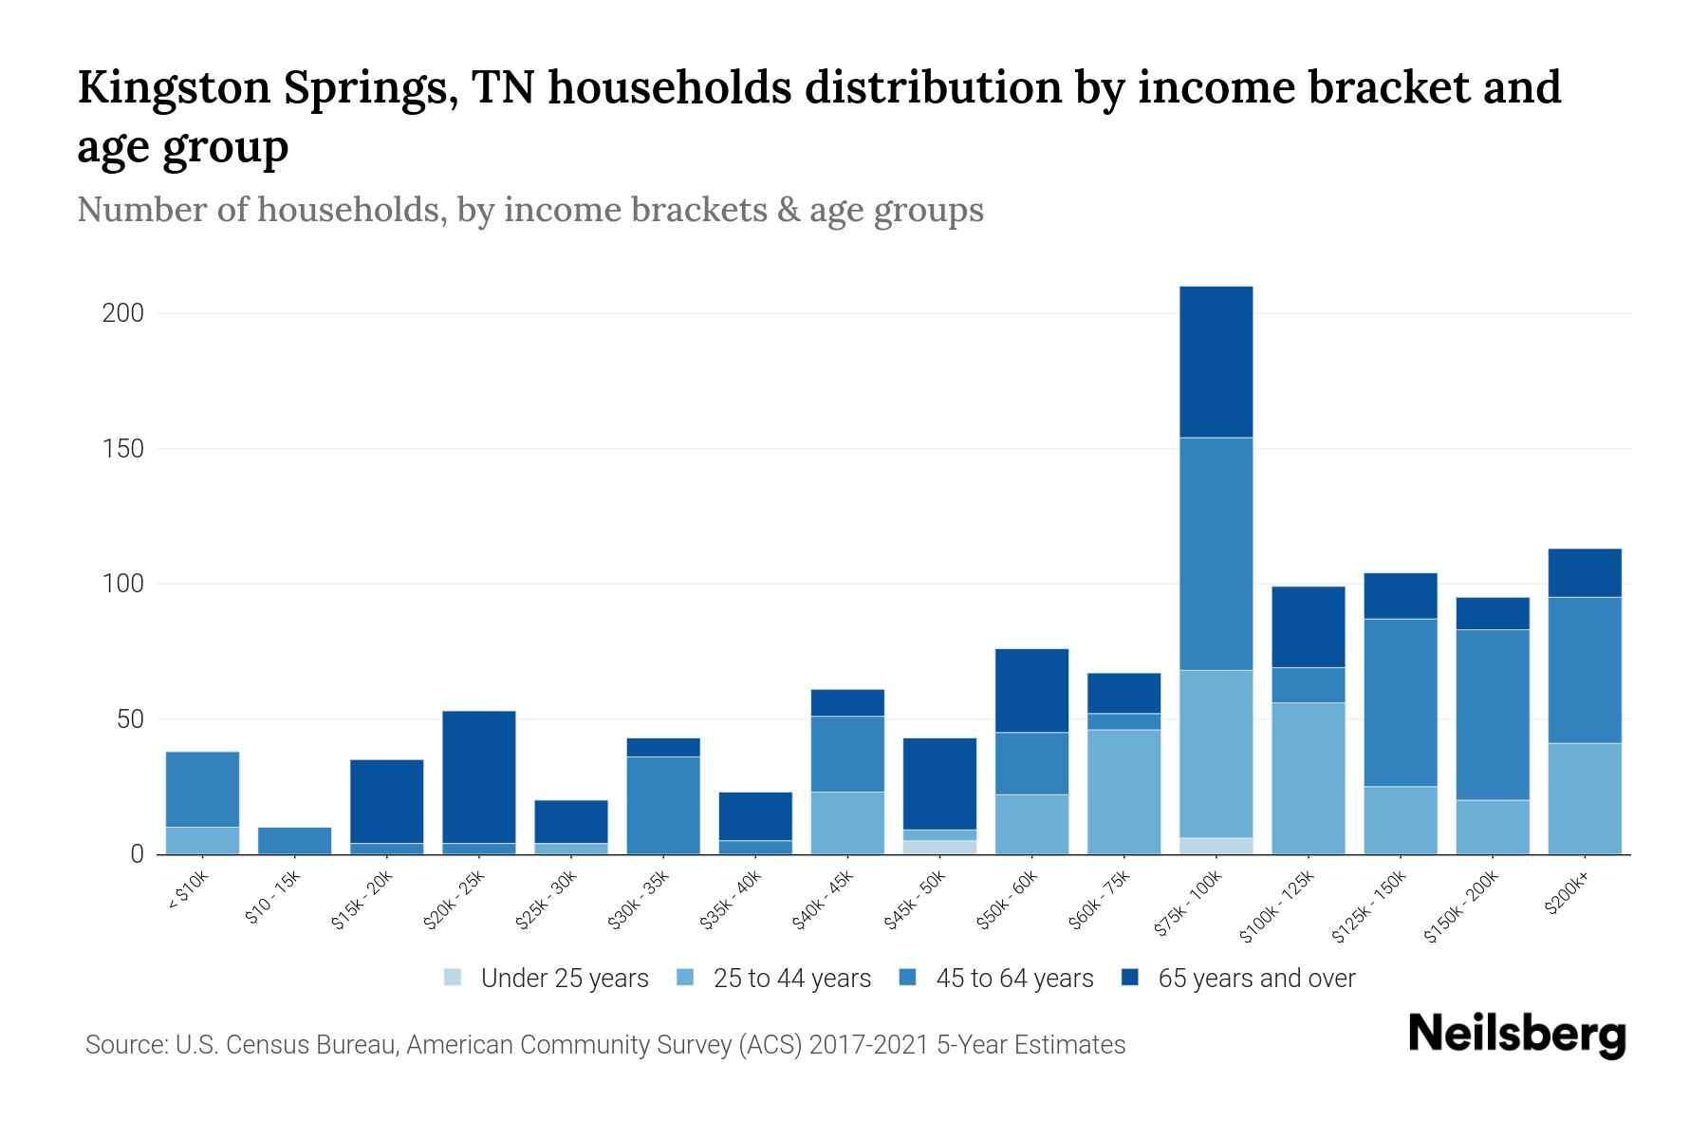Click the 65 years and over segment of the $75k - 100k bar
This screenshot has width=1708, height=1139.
coord(1216,362)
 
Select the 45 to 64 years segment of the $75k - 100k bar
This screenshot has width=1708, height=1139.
coord(1216,553)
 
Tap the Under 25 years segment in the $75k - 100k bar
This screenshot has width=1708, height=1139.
coord(1216,846)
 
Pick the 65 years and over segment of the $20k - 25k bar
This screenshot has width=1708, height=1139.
coord(479,776)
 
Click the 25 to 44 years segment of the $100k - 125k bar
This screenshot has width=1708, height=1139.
coord(1308,778)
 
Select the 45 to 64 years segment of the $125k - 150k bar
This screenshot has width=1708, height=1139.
coord(1400,702)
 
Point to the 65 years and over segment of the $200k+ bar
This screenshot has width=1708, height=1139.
coord(1584,572)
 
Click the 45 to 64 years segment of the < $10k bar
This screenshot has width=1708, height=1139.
coord(202,789)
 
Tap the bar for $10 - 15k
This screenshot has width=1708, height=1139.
coord(294,841)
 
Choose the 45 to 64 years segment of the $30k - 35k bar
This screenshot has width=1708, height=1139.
coord(663,805)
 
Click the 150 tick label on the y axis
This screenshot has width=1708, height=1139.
coord(123,449)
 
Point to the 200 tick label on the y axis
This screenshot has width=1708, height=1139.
coord(123,313)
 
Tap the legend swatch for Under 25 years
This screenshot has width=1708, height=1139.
coord(454,977)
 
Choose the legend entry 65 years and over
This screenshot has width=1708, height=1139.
coord(1255,979)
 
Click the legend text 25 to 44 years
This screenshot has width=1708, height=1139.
coord(791,979)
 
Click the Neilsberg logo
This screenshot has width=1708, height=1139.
coord(1516,1035)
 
